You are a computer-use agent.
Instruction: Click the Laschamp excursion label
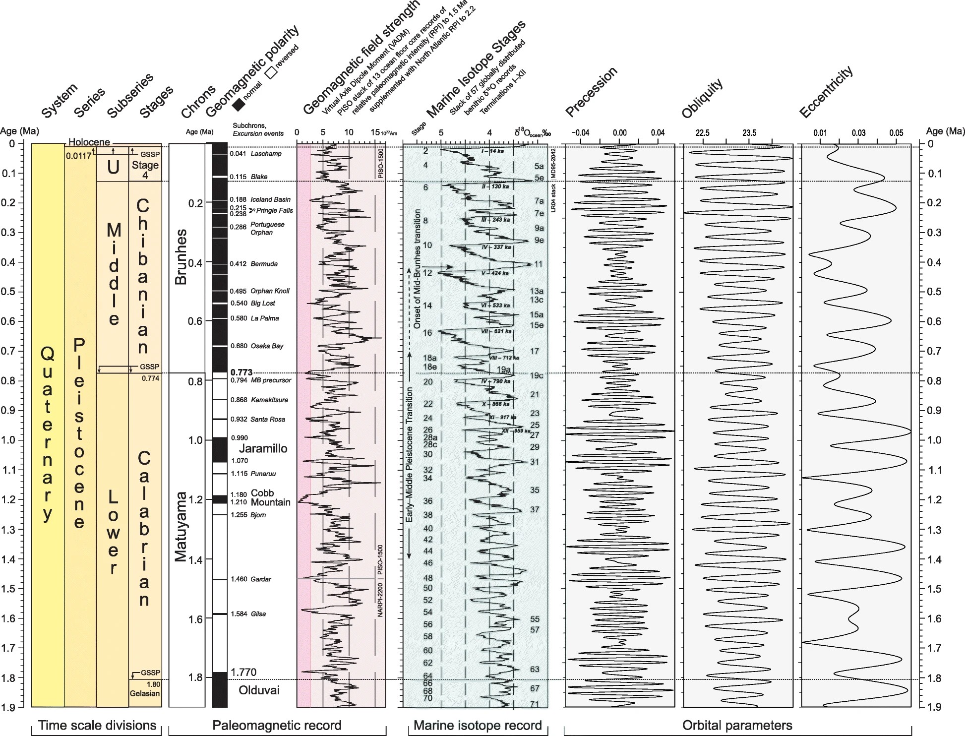coord(266,154)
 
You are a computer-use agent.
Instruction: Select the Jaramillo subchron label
coord(263,448)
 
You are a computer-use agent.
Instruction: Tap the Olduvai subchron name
coord(259,690)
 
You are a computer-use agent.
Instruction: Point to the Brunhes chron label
coord(181,256)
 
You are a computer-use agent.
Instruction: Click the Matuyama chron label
coord(181,526)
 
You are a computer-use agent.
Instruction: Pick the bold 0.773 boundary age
coord(241,372)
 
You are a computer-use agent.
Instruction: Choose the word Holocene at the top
coord(89,142)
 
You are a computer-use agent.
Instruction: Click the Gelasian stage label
coord(145,693)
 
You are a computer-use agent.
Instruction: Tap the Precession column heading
coord(592,92)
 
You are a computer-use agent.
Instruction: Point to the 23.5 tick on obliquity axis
coord(749,133)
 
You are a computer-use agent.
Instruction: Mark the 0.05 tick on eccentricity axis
coord(896,133)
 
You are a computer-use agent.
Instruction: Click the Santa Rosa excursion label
coord(268,420)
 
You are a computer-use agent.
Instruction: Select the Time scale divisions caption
coord(97,726)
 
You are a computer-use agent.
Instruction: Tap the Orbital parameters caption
coord(737,726)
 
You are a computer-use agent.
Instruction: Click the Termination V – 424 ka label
coord(494,273)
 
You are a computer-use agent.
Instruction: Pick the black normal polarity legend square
coord(240,105)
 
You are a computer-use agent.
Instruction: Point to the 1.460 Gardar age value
coord(239,579)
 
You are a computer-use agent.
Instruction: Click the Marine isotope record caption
coord(478,726)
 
